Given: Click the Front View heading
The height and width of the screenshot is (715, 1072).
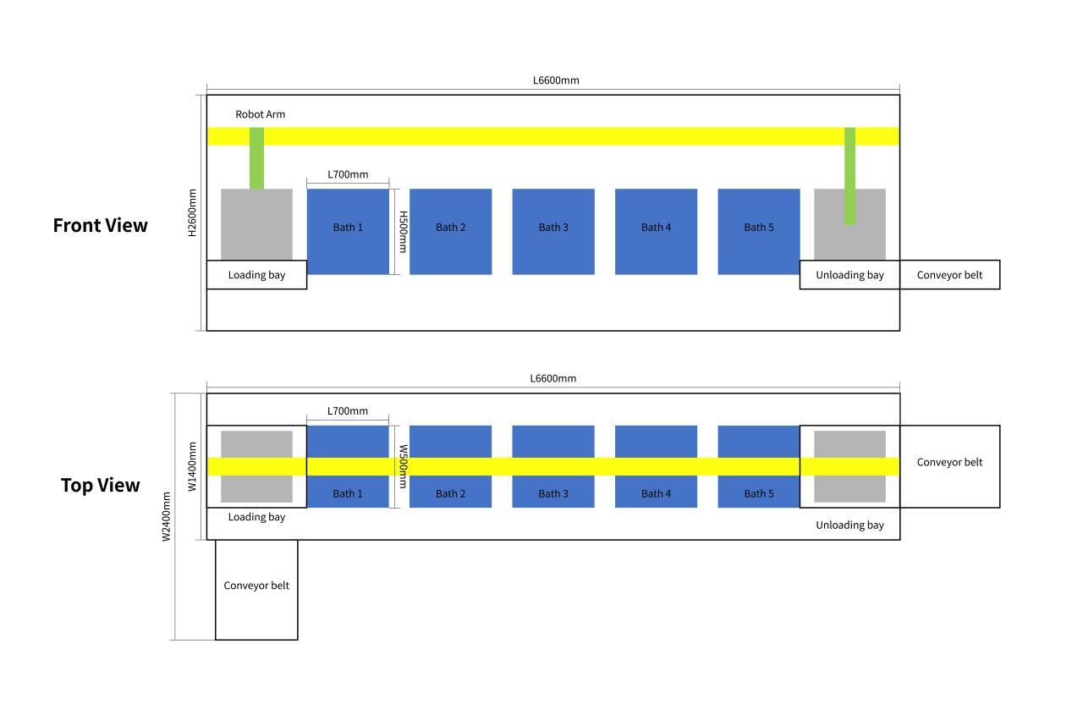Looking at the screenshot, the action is (100, 225).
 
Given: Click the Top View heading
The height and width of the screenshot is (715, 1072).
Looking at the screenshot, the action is (100, 486).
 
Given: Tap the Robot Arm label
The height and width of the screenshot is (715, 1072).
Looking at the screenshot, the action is (260, 114).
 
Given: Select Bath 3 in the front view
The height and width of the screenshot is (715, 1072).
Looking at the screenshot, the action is (553, 232).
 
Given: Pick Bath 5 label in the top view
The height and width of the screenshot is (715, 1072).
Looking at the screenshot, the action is (759, 493).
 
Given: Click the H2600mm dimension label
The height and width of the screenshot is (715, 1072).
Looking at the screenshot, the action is (192, 213).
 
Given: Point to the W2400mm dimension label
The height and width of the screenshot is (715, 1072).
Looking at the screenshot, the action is (166, 516).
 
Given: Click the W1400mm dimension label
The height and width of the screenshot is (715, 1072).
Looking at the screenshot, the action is (192, 466).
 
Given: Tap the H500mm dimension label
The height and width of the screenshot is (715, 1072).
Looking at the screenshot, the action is (403, 232).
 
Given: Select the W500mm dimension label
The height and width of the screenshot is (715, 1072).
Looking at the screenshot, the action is (403, 466).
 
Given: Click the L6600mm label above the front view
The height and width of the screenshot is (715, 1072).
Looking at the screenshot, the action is (556, 80).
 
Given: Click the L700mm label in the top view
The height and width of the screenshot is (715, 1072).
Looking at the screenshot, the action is (348, 411).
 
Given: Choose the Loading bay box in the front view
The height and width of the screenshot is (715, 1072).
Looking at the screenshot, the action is (256, 275).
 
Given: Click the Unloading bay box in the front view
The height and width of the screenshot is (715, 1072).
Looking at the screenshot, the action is (849, 275).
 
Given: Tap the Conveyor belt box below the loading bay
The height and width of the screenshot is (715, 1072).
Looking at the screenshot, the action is (256, 590).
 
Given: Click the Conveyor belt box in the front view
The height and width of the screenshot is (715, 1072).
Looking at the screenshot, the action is (949, 275).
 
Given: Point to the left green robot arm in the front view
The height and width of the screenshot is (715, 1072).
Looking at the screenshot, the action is (256, 158).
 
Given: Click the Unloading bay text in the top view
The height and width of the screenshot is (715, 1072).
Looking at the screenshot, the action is (849, 525).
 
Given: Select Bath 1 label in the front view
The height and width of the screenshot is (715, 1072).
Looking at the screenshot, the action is (348, 228).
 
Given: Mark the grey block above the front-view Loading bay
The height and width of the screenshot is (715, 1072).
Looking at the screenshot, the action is (256, 224).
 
